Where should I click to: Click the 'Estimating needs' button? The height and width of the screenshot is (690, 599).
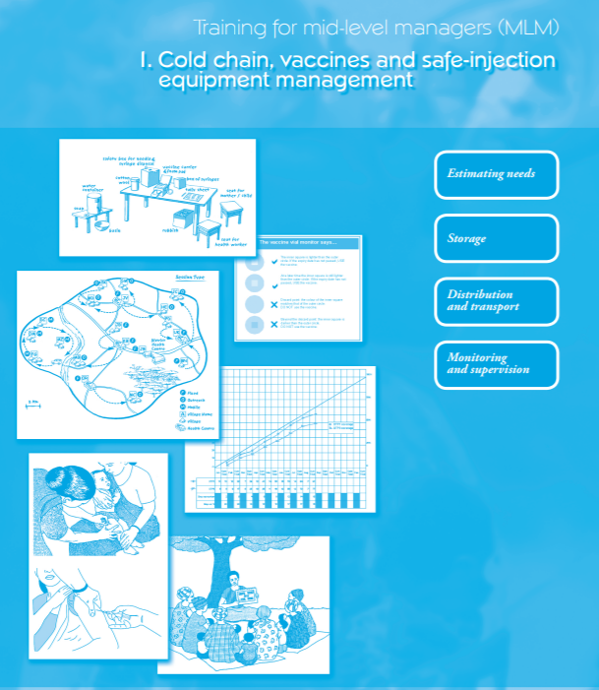click(x=496, y=174)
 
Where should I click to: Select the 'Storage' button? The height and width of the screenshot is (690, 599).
click(x=496, y=238)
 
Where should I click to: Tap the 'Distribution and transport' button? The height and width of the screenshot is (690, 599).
click(x=496, y=300)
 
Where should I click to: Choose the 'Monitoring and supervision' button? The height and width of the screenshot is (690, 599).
click(x=496, y=363)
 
